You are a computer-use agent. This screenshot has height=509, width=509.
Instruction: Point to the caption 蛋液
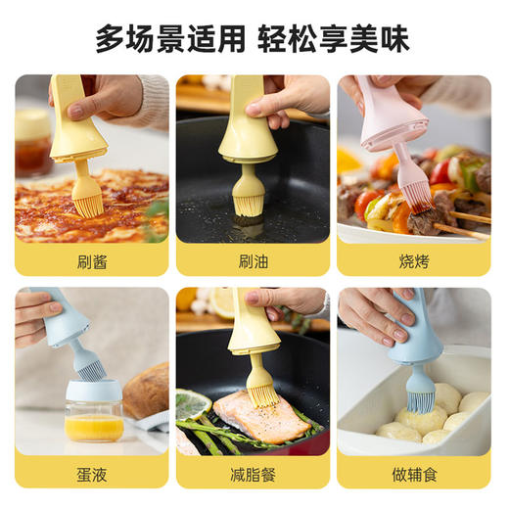pos(92,473)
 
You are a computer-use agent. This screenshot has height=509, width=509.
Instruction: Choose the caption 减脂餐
pos(254,473)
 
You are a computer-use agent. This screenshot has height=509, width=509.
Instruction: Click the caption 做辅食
pos(414,473)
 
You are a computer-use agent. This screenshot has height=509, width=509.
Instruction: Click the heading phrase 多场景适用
pos(170,39)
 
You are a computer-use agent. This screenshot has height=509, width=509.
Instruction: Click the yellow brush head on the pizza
pos(86,197)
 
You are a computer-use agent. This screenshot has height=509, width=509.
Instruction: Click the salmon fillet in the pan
pos(259,416)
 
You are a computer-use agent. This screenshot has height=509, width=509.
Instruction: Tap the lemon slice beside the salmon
pos(193,402)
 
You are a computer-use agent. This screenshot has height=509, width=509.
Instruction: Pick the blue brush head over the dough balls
pos(422,391)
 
